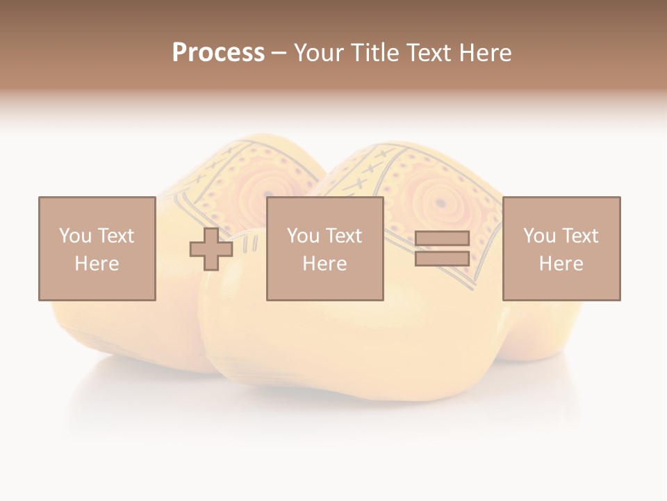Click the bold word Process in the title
click(218, 53)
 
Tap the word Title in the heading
click(373, 53)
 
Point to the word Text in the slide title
click(427, 53)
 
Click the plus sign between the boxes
click(211, 249)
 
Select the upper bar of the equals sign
click(442, 238)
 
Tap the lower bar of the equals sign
click(442, 259)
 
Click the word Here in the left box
click(97, 264)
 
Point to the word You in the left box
click(74, 236)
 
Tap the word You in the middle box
click(303, 236)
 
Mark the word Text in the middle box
click(344, 236)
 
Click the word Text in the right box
click(580, 236)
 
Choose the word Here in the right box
click(561, 264)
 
